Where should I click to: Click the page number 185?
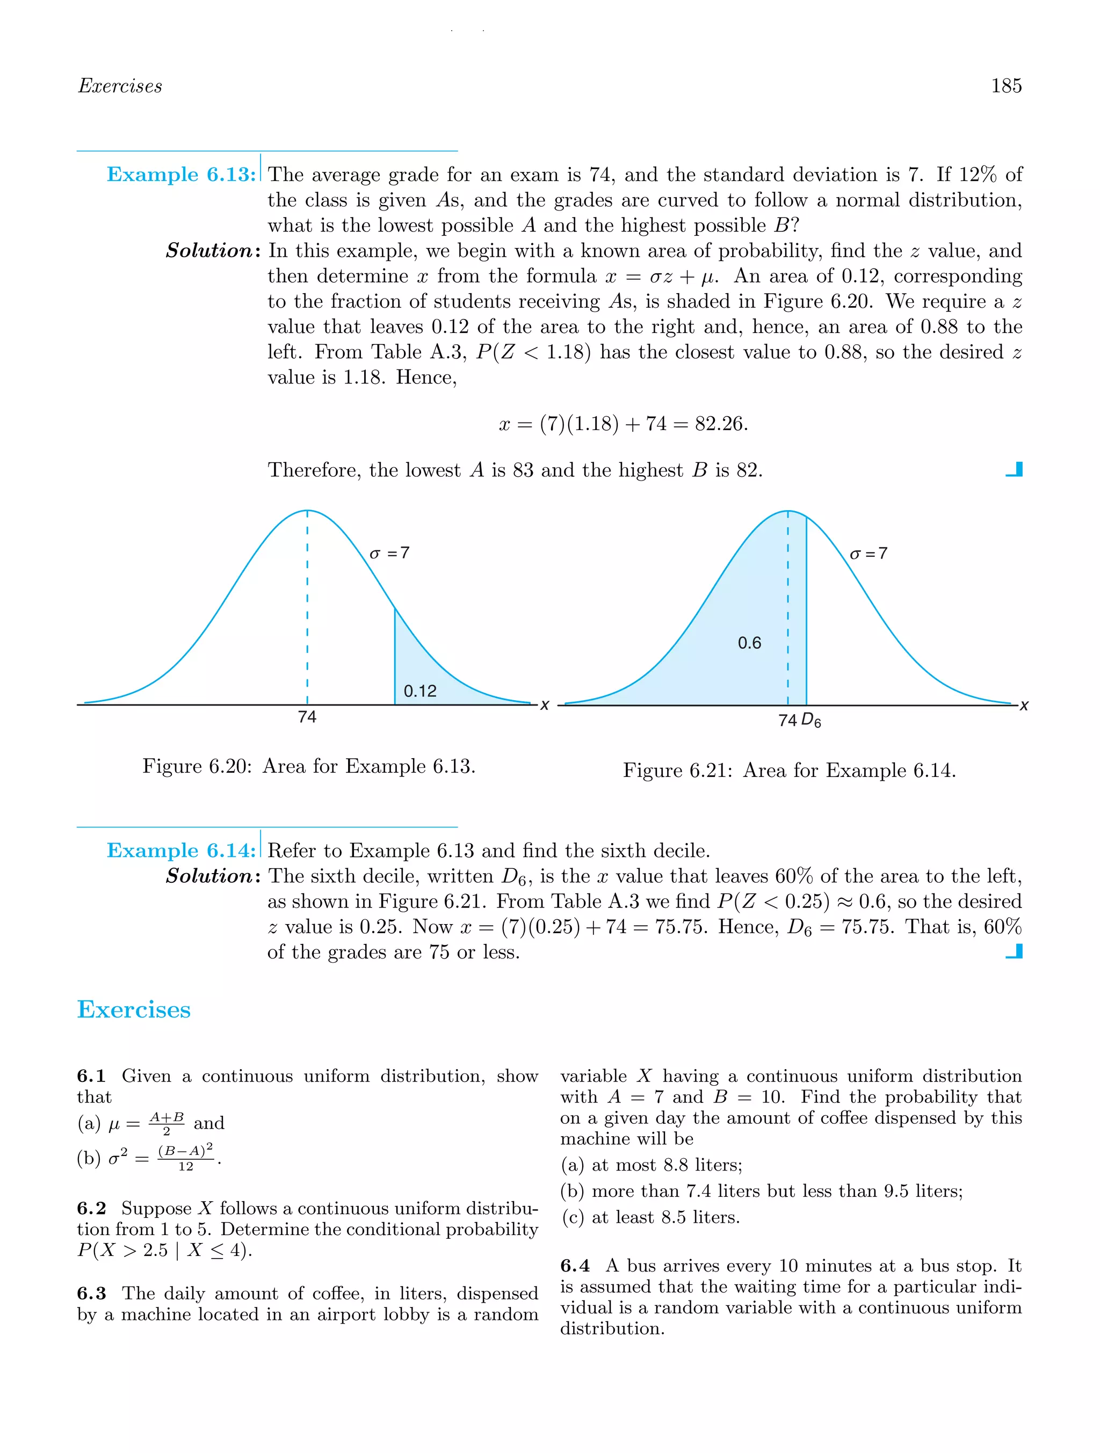click(x=1005, y=86)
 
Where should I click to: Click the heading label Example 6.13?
click(x=182, y=175)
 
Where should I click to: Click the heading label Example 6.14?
click(x=182, y=851)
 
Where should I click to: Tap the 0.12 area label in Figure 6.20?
click(x=420, y=691)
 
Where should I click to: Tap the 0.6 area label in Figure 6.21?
click(x=749, y=643)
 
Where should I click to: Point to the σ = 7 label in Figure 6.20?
click(x=389, y=553)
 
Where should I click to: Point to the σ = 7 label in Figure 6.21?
click(x=868, y=554)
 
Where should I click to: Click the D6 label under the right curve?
click(x=812, y=721)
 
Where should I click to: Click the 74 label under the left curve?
click(x=307, y=717)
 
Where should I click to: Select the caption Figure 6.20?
click(x=309, y=767)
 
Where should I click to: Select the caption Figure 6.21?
click(x=789, y=771)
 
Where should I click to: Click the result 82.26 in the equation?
click(x=720, y=424)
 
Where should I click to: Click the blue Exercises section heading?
click(x=134, y=1009)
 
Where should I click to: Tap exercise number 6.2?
click(x=91, y=1209)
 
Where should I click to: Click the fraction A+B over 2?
click(x=167, y=1123)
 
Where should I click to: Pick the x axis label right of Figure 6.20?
click(x=545, y=706)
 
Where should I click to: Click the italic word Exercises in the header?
click(x=120, y=86)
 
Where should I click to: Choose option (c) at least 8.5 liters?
click(x=650, y=1217)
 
